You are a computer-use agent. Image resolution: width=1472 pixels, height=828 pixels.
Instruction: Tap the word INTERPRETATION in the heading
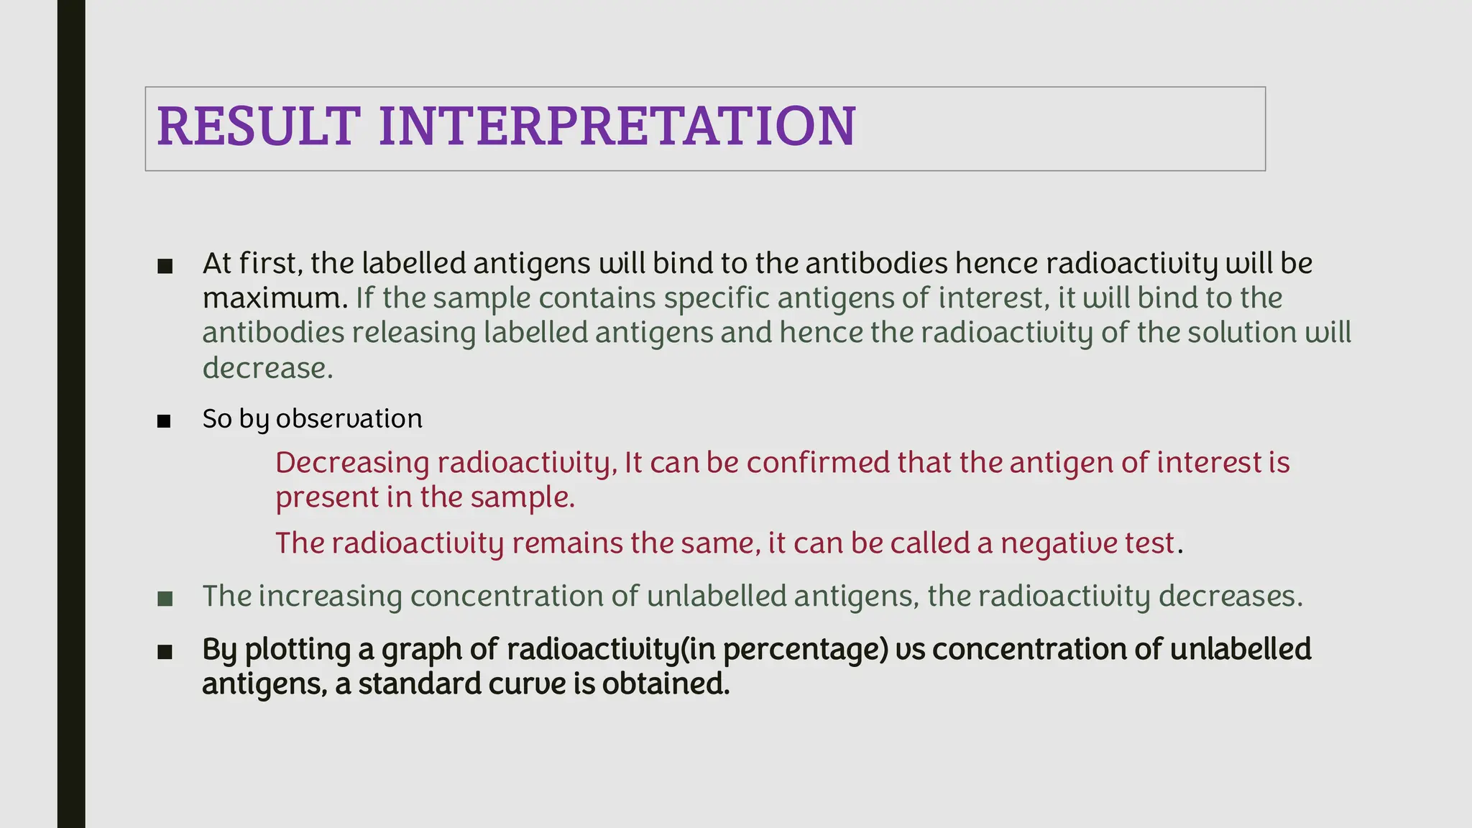coord(617,126)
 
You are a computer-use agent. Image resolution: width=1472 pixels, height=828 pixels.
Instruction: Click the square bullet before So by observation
coord(165,420)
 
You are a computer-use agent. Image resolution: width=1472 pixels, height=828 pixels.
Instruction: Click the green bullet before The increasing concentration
coord(165,598)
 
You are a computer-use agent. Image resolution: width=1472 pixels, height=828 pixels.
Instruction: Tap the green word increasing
coord(330,597)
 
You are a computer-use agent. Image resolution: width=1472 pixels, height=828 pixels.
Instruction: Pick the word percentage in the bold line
coord(805,650)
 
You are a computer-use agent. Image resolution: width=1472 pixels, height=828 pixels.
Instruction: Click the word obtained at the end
coord(665,684)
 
